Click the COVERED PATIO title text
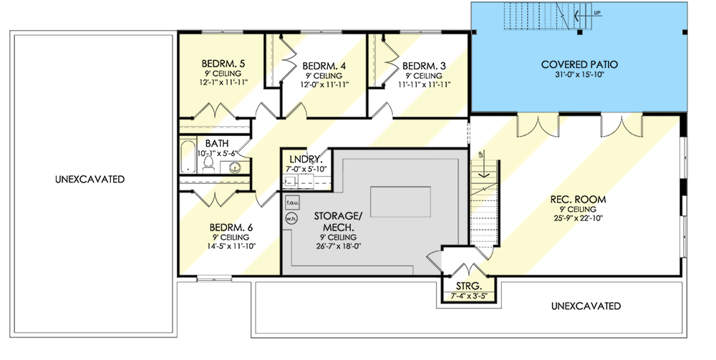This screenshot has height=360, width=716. tap(579, 64)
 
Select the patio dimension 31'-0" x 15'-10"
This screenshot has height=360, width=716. tap(579, 75)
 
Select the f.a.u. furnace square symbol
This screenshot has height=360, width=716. tap(291, 203)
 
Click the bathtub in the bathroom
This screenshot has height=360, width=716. tap(187, 157)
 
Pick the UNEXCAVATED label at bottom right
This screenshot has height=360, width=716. tap(586, 306)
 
